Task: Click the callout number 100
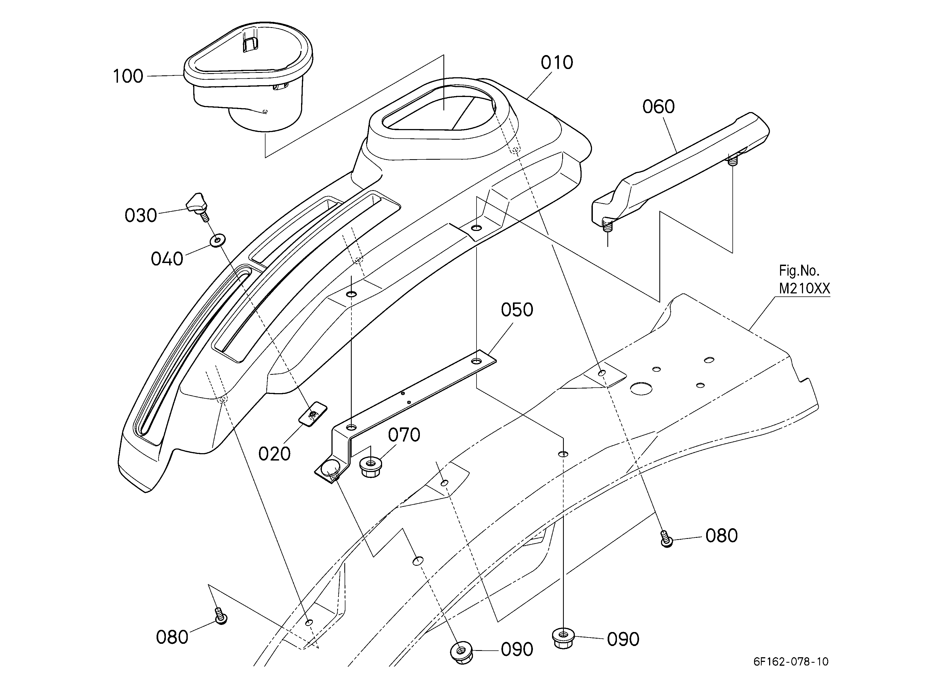[x=128, y=76]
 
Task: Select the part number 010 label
[x=557, y=63]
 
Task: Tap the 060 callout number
[x=659, y=107]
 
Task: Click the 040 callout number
[x=167, y=259]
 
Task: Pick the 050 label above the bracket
[x=517, y=310]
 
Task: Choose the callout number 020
[x=274, y=454]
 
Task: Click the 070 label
[x=404, y=435]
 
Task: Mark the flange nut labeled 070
[x=370, y=467]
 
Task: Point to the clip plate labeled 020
[x=313, y=414]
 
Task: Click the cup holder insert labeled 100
[x=249, y=77]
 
